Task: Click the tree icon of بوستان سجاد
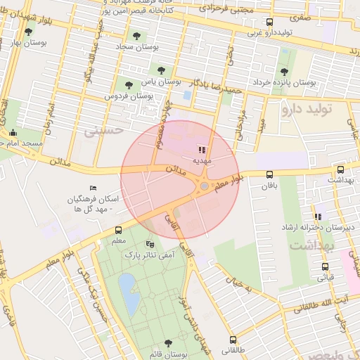[x=136, y=35]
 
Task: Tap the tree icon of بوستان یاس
[x=162, y=70]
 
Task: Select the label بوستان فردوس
[x=129, y=95]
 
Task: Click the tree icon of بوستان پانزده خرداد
[x=284, y=71]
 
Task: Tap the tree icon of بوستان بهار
[x=28, y=31]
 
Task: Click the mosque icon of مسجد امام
[x=12, y=133]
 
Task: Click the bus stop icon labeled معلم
[x=117, y=230]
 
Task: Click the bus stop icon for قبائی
[x=325, y=266]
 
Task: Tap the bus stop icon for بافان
[x=269, y=174]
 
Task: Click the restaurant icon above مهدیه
[x=202, y=149]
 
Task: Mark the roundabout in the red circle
[x=204, y=186]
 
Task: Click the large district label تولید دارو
[x=309, y=110]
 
